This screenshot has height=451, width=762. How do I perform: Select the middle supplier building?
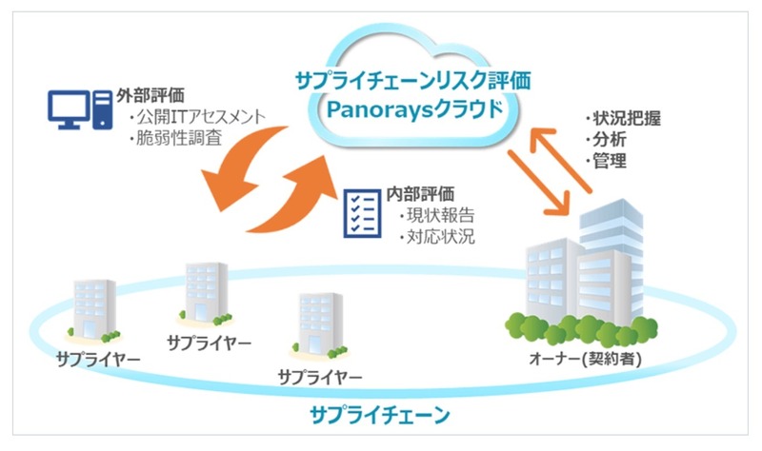tap(204, 293)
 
